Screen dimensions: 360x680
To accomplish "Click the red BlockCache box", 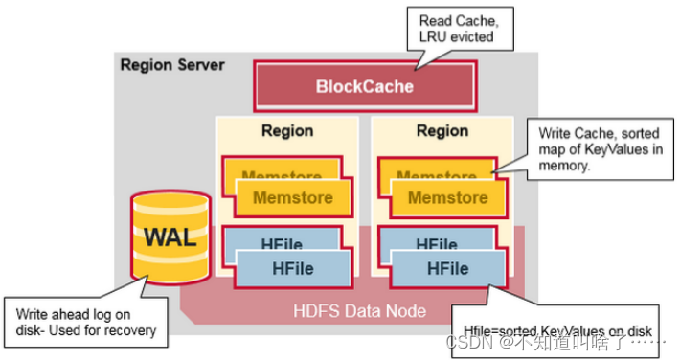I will (x=364, y=86).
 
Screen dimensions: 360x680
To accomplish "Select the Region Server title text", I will (x=171, y=65).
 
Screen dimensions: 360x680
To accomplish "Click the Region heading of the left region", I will (x=287, y=129).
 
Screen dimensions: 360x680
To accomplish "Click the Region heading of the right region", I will (x=442, y=129).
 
